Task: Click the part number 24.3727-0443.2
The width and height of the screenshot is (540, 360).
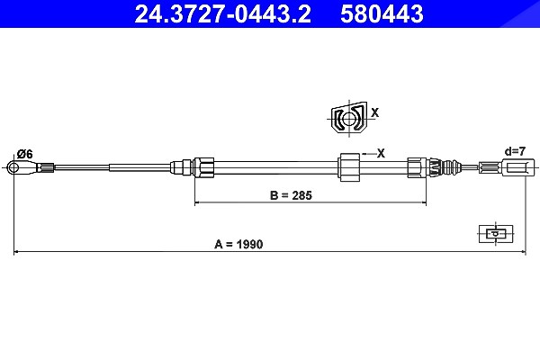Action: coord(222,14)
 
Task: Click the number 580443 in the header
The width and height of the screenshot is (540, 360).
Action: coord(382,14)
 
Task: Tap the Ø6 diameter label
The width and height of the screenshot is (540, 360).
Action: coord(25,154)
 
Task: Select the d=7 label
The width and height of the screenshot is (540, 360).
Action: coord(515,151)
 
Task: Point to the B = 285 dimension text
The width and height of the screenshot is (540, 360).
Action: coord(291,195)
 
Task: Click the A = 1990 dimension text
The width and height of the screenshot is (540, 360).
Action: coord(238,244)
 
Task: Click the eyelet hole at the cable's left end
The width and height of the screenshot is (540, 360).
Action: coord(13,168)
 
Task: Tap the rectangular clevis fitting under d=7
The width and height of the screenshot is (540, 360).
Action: coord(518,167)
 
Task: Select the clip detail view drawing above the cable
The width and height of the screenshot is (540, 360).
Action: coord(349,117)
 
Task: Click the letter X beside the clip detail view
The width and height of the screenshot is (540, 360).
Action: coord(375,112)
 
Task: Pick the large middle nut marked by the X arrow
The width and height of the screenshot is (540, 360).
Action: coord(349,167)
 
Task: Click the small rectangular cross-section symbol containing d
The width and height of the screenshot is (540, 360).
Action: coord(496,234)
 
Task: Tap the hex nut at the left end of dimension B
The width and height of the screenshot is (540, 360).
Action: coord(203,167)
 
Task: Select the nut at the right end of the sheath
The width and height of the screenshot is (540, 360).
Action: coord(417,167)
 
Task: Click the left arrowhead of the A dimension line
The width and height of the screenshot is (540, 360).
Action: coord(16,252)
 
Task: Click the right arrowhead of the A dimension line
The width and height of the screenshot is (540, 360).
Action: coord(524,252)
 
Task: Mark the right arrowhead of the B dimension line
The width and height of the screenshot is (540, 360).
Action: coord(424,202)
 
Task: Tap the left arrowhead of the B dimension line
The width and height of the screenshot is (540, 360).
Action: coord(197,202)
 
